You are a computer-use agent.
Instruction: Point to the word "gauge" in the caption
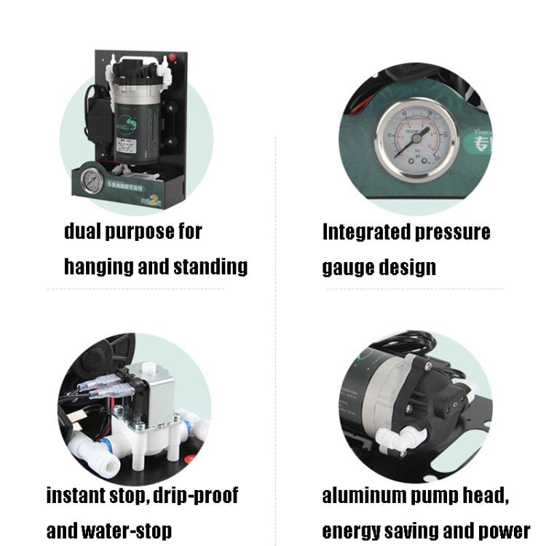(x=347, y=267)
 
